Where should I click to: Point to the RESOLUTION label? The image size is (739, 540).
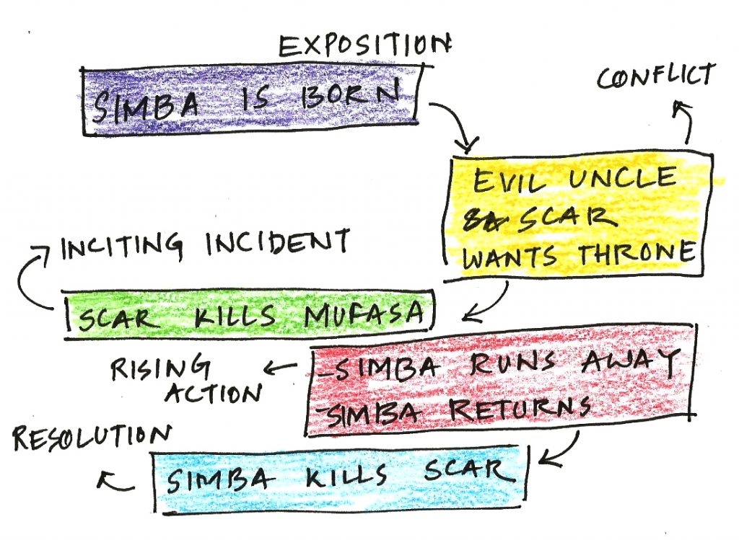(x=92, y=438)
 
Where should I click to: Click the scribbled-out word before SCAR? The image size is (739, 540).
(x=480, y=217)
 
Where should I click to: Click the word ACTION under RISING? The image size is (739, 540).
(x=214, y=392)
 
